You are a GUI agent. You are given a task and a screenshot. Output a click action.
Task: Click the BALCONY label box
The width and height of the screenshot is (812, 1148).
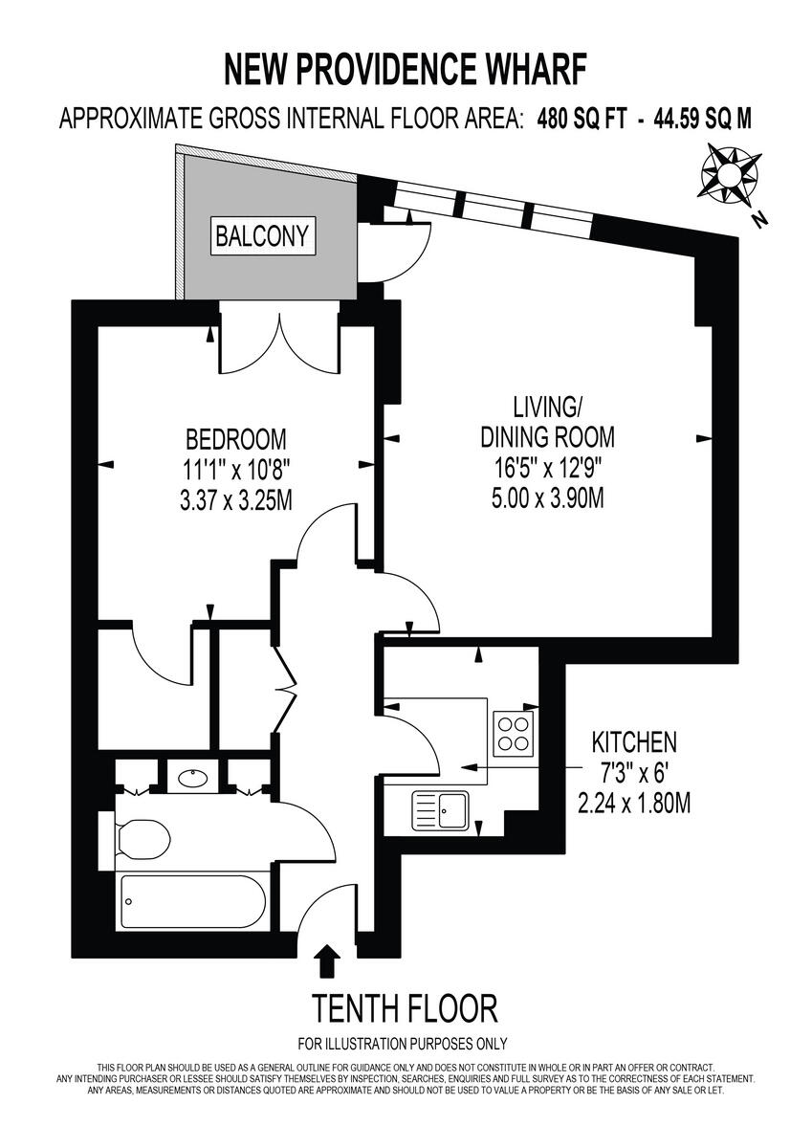click(262, 235)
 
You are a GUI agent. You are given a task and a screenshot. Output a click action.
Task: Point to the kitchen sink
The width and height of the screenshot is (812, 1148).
click(439, 810)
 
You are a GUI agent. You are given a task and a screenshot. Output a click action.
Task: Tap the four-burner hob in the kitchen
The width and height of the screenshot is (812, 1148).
click(514, 732)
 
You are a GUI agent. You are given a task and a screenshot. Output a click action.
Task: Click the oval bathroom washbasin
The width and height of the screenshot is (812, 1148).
click(196, 778)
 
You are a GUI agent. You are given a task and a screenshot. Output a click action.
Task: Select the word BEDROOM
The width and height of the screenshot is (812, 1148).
click(235, 439)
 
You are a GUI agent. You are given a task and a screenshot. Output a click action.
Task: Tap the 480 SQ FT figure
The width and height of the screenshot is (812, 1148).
click(582, 119)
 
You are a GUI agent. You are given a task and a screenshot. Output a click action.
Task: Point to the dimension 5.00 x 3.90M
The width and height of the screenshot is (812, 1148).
click(546, 498)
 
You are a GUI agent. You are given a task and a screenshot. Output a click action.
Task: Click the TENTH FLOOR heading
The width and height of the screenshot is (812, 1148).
click(405, 1008)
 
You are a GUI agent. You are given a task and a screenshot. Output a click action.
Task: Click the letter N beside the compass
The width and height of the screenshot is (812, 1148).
click(760, 219)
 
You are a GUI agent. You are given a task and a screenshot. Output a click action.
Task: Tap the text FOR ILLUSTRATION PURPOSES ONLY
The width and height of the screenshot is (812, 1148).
click(403, 1044)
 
